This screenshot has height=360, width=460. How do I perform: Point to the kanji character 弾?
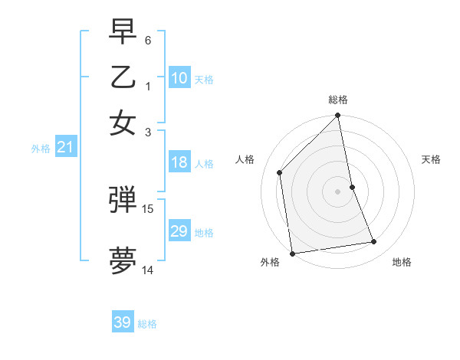pyautogui.click(x=123, y=200)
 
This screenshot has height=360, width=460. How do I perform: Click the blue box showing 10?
pyautogui.click(x=179, y=78)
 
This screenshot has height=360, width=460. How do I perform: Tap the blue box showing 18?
pyautogui.click(x=179, y=162)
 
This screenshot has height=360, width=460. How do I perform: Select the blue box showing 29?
pyautogui.click(x=179, y=231)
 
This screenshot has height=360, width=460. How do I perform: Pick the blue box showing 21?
pyautogui.click(x=65, y=147)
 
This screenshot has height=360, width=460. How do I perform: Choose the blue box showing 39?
pyautogui.click(x=123, y=322)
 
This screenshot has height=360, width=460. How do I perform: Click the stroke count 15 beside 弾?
pyautogui.click(x=148, y=208)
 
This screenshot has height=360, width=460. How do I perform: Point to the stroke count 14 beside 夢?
pyautogui.click(x=148, y=270)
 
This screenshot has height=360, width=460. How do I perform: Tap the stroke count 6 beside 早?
pyautogui.click(x=148, y=39)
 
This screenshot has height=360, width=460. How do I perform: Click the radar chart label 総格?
pyautogui.click(x=338, y=100)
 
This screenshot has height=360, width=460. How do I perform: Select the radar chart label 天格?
pyautogui.click(x=431, y=159)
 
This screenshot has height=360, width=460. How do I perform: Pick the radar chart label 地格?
pyautogui.click(x=402, y=263)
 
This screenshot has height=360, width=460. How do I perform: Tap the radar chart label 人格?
pyautogui.click(x=245, y=159)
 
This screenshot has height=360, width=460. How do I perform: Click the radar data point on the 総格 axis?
pyautogui.click(x=338, y=116)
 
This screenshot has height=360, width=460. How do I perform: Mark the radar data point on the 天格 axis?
pyautogui.click(x=353, y=187)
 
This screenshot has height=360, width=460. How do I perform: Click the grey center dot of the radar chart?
pyautogui.click(x=338, y=191)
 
